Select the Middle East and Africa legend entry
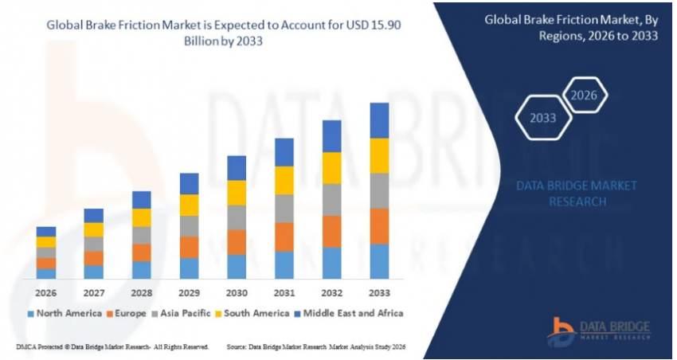point(349,313)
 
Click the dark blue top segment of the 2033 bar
point(379,120)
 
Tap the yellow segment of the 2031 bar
point(284,180)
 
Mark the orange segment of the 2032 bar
point(332,231)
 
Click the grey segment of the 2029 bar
point(189,226)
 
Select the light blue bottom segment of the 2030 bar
point(237,266)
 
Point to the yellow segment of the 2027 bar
point(94,229)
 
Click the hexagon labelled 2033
point(543,119)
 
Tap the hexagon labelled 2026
point(585,96)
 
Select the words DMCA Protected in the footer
point(40,347)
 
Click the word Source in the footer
point(237,347)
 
